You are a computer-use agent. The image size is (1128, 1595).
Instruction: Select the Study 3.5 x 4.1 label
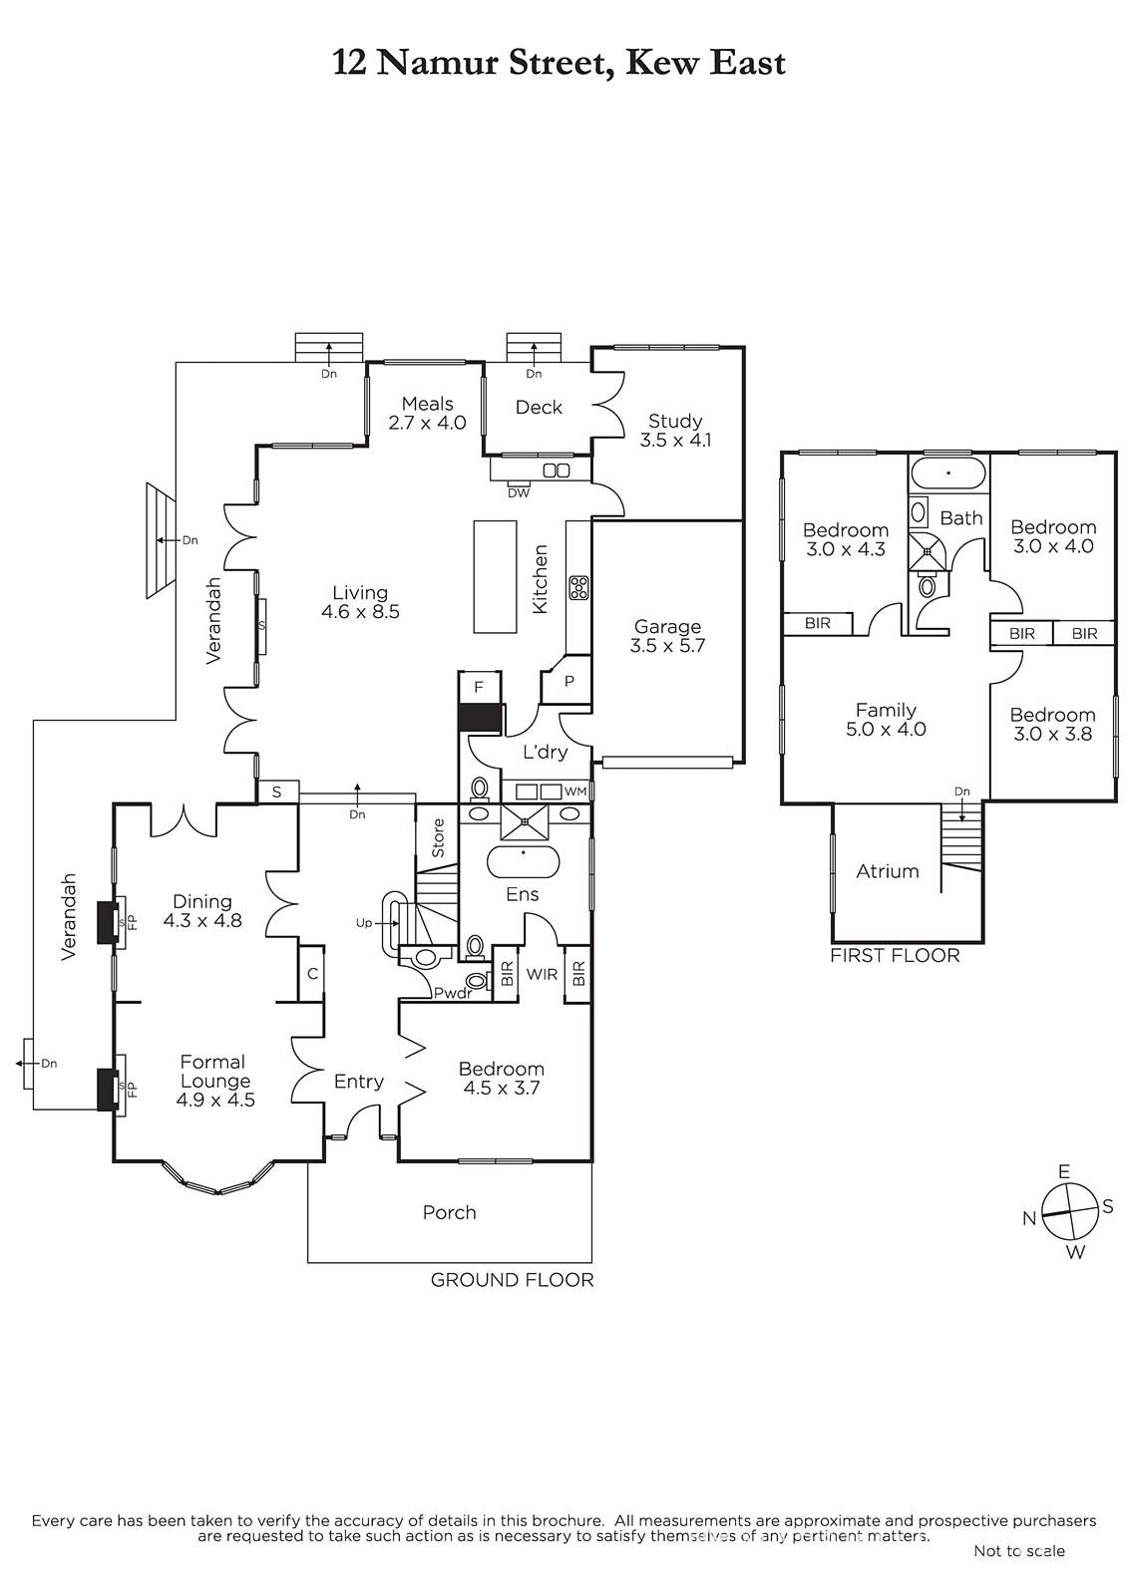click(675, 430)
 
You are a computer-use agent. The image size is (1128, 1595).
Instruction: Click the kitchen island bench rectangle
click(496, 577)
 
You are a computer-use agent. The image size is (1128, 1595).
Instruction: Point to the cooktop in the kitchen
click(577, 587)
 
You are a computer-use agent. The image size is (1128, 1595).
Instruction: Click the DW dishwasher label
click(518, 492)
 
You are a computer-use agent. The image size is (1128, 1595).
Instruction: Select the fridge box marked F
click(479, 687)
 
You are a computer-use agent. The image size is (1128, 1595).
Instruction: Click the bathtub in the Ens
click(523, 861)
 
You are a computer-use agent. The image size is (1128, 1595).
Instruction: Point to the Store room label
click(438, 838)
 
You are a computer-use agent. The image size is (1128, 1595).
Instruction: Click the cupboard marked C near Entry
click(311, 973)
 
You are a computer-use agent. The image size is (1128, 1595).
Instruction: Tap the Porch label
click(449, 1212)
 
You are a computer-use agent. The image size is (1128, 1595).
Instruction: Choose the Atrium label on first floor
click(888, 871)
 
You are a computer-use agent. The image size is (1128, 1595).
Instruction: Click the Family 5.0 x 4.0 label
click(886, 719)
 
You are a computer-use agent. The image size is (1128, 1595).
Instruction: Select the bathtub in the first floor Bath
click(948, 474)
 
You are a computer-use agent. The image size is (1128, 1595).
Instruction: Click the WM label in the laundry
click(575, 792)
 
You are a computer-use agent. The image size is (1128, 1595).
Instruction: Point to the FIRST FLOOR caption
click(895, 955)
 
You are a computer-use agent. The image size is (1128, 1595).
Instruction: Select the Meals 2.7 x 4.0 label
click(427, 413)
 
